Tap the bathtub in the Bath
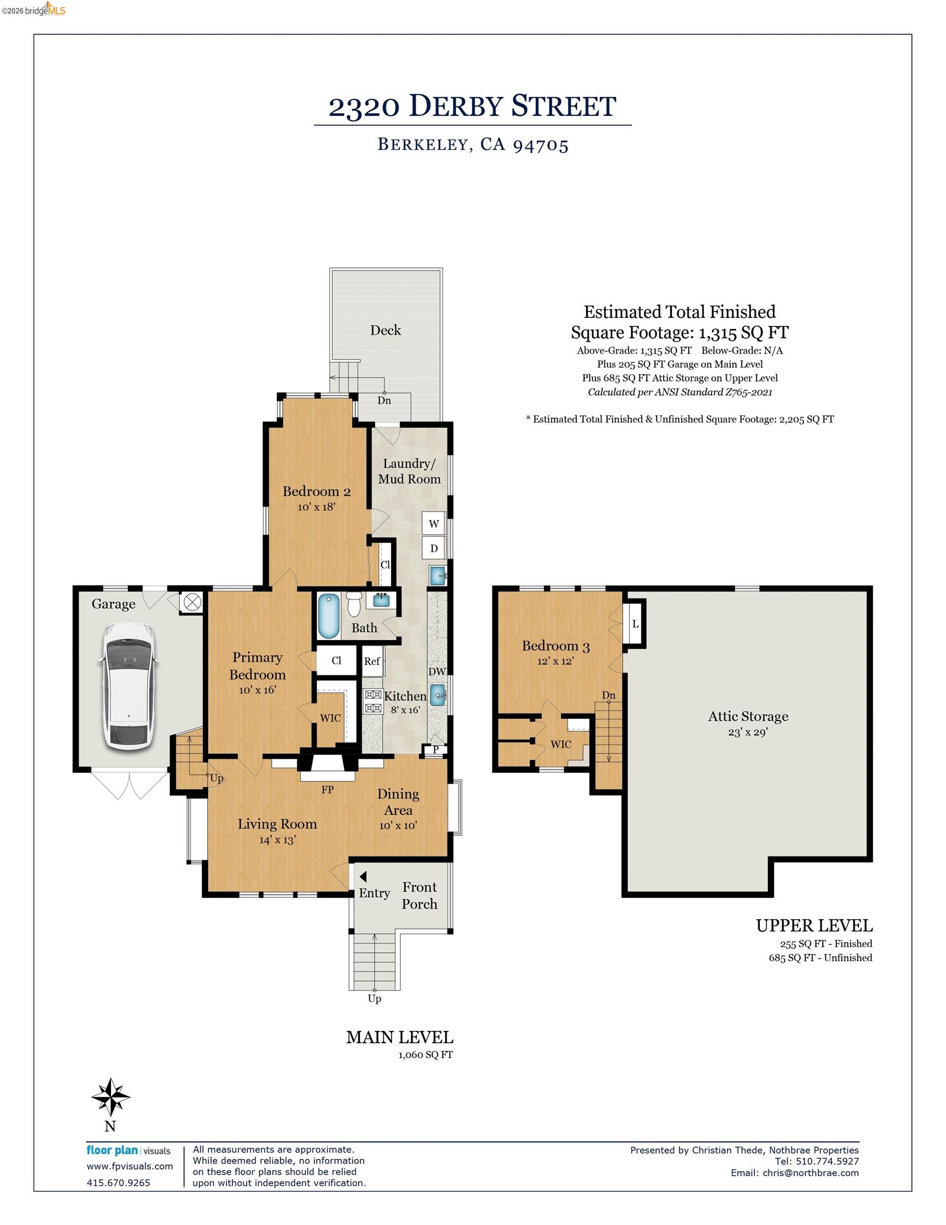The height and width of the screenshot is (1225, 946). point(328,616)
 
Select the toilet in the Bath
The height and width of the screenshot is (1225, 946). point(354,603)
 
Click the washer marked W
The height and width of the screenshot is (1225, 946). point(434,524)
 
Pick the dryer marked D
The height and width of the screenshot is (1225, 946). point(434,548)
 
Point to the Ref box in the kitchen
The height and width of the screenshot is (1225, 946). point(372,661)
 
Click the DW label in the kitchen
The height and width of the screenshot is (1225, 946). point(437,672)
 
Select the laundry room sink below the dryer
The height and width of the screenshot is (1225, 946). point(437,575)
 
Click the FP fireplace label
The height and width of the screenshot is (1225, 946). point(327,790)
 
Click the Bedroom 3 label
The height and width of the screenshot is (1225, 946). point(555,645)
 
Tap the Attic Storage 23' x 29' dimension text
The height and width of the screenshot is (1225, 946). point(747,732)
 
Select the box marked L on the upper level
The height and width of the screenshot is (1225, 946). point(635,623)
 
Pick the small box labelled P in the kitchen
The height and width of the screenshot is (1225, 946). point(435,749)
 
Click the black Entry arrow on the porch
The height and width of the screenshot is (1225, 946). point(363,876)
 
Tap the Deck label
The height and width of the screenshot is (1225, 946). point(385,330)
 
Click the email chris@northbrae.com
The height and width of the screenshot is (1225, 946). point(810,1173)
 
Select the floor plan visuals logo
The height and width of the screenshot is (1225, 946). point(129,1151)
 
